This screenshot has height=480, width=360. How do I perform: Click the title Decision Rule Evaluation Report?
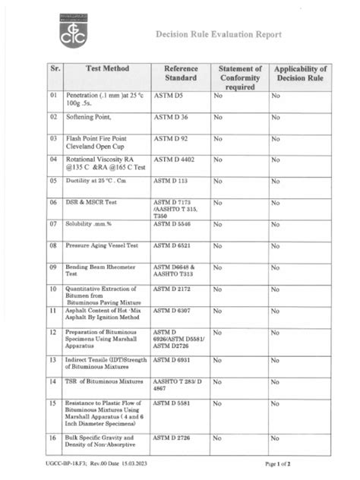[219, 35]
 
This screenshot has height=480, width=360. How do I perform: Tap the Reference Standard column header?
[181, 73]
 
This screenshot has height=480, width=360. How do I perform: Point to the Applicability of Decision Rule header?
[301, 73]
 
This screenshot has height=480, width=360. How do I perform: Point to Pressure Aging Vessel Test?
[102, 246]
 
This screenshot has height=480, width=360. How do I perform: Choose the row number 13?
[53, 359]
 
